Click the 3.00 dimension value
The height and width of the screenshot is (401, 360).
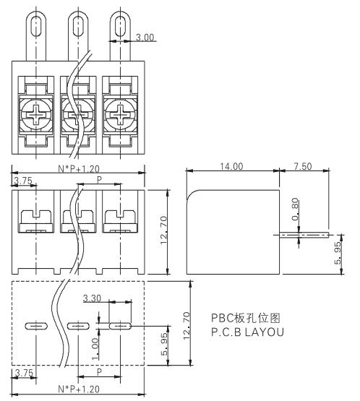point(145,38)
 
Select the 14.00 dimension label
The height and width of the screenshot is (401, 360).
point(231,166)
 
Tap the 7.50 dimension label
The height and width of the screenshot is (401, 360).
point(303,166)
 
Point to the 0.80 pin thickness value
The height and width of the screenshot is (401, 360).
point(295,209)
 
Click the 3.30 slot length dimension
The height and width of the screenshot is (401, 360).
point(92,298)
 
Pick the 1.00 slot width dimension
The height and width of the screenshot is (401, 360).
point(95,349)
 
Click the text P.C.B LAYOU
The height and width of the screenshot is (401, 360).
point(247,332)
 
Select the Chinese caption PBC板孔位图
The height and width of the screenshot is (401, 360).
point(246,318)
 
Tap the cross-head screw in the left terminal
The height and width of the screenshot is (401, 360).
point(36,115)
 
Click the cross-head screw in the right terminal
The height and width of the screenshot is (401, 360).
point(120,115)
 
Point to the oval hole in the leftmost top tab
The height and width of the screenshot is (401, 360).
point(36,26)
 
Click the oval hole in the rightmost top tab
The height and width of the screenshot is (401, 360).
point(120,26)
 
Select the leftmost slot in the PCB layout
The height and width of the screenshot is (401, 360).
point(36,326)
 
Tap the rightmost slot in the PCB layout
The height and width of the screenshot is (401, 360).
point(120,326)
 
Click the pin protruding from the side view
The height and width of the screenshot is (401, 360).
point(304,235)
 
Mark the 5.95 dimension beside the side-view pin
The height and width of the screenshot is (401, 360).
point(338,253)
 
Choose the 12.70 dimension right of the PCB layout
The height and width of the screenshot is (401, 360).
point(187,326)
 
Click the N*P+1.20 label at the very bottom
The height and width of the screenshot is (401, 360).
point(79,389)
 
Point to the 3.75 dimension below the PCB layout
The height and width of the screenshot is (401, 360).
point(24,373)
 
